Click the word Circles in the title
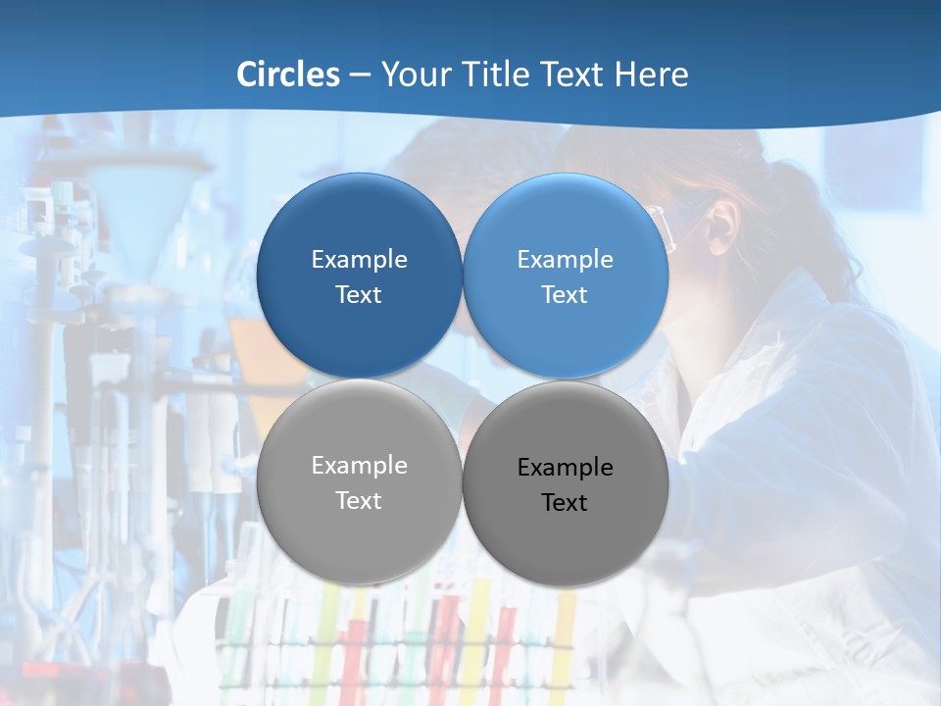[x=288, y=75]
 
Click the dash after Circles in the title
[x=360, y=76]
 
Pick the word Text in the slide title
[x=573, y=75]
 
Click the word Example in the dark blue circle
[x=359, y=260]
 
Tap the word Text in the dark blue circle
[x=359, y=295]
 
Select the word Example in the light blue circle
[x=565, y=260]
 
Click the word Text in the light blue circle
[x=565, y=295]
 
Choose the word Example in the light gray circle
[x=359, y=466]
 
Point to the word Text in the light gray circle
[x=359, y=501]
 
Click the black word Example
[x=565, y=468]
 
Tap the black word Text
[x=565, y=503]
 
